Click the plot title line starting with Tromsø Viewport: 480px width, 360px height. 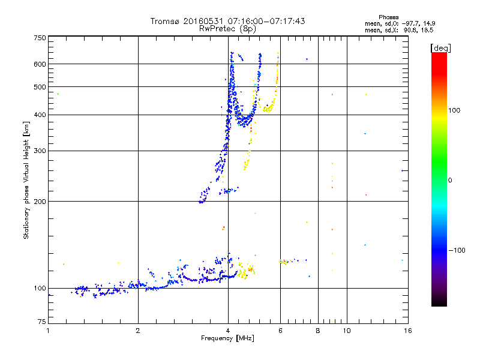[227, 21]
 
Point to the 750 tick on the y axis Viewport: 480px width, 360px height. [40, 38]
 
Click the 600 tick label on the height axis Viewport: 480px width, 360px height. [40, 64]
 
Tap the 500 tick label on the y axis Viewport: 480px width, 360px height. [40, 87]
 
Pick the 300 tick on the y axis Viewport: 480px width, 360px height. [40, 151]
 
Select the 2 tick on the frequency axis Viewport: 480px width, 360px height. [138, 331]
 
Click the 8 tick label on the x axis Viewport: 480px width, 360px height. [318, 331]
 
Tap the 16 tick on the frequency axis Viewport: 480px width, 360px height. [407, 331]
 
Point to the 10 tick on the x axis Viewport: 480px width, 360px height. [347, 331]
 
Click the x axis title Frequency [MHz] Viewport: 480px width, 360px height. [227, 338]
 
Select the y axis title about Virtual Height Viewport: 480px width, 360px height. [26, 180]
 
